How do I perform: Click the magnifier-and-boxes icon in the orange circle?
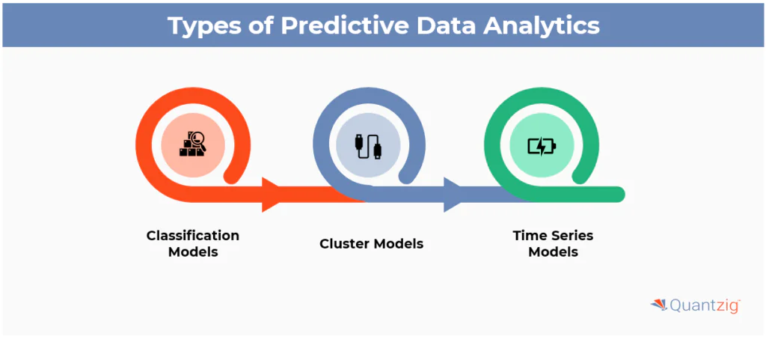[193, 144]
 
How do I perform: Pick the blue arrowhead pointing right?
[453, 195]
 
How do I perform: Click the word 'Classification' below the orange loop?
[193, 235]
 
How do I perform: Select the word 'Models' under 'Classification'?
[193, 252]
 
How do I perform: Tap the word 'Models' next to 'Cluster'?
[399, 243]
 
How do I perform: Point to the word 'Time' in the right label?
[528, 235]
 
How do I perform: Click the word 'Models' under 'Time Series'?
[553, 252]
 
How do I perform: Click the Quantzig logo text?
[704, 305]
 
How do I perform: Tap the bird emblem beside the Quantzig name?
[658, 304]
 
